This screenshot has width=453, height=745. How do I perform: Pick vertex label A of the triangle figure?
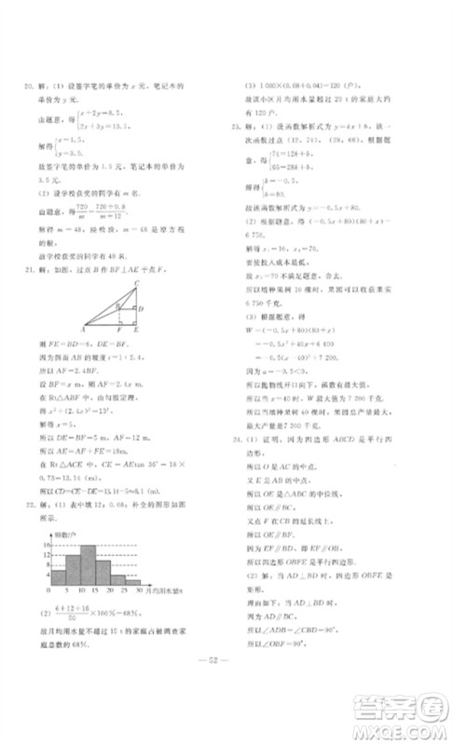coord(84,330)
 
